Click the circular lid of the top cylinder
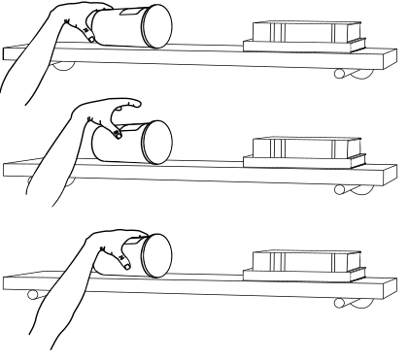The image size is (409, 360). (155, 27)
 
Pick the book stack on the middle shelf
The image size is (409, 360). (303, 149)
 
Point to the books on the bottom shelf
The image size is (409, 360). (303, 263)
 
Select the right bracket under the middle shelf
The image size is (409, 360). (347, 189)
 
